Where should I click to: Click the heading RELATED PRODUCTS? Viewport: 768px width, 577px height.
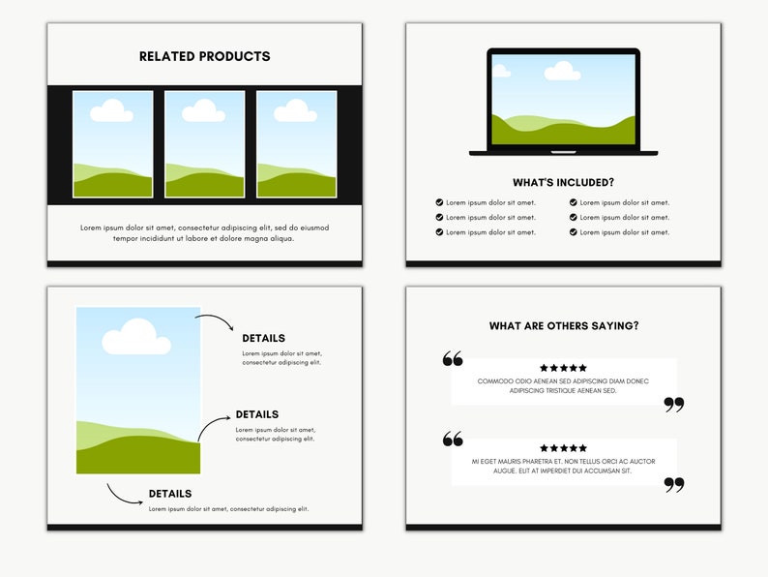[204, 56]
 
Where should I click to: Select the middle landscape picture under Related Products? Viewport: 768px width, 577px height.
[204, 144]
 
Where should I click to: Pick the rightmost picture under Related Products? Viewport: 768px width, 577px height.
[296, 144]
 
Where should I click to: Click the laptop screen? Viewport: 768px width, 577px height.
[563, 100]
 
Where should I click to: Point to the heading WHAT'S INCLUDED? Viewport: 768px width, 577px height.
[563, 182]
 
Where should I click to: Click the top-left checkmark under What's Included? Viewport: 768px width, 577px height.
[440, 202]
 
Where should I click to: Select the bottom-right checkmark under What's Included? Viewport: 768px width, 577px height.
[573, 232]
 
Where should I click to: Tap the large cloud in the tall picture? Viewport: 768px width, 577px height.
[136, 337]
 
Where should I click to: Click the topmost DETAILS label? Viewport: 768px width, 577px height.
[263, 339]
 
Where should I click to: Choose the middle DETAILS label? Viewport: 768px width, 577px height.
[257, 414]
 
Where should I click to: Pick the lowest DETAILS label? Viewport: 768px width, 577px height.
[170, 494]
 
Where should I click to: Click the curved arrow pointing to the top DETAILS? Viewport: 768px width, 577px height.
[214, 320]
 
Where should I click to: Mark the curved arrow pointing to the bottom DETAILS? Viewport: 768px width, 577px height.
[124, 495]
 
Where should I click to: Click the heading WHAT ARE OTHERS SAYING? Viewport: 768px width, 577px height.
[563, 326]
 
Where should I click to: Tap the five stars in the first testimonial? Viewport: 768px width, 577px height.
[563, 368]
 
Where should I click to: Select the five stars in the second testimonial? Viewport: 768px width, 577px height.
[563, 448]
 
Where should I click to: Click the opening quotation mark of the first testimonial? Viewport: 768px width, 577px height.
[453, 359]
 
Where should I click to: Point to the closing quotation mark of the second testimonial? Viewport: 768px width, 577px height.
[674, 485]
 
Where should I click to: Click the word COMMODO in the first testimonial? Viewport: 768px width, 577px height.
[495, 381]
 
